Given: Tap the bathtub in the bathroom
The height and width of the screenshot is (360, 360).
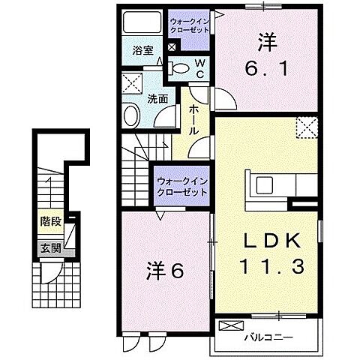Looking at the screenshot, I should [x=141, y=23].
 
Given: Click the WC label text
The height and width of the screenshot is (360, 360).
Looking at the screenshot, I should [x=200, y=70].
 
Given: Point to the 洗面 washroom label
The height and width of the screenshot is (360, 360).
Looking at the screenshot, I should [x=156, y=97].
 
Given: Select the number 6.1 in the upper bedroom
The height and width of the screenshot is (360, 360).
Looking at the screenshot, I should [x=264, y=69].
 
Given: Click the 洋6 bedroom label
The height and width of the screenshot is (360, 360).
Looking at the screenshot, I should [x=164, y=271].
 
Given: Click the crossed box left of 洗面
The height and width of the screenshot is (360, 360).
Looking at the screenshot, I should [x=132, y=83].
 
